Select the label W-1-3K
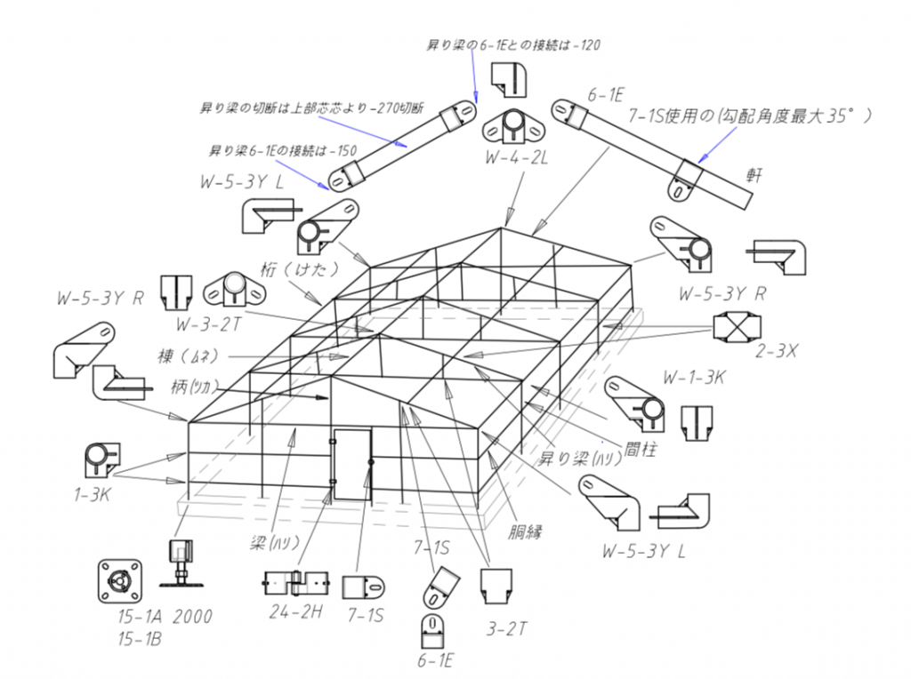tap(695, 376)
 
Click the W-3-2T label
tap(211, 323)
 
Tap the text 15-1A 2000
tap(165, 617)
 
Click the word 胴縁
tap(526, 533)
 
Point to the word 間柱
tap(639, 450)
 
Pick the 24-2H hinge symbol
tap(295, 584)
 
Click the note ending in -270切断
tap(298, 108)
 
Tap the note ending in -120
tap(516, 44)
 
